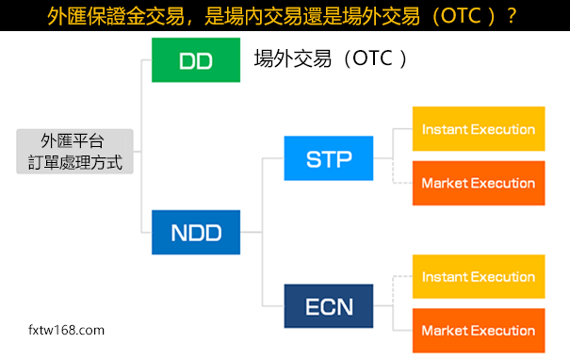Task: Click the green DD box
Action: pos(195,60)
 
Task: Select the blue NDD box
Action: pos(195,232)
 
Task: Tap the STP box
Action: pos(328,158)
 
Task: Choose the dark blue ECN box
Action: pos(328,306)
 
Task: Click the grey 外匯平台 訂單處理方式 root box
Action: pos(74,151)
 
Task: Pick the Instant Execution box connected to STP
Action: pos(479,129)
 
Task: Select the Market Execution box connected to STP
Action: pos(479,183)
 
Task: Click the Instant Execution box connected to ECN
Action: pos(479,277)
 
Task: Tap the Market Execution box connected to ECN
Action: pos(479,331)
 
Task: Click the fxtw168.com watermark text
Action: pos(67,331)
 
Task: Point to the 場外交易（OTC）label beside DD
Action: pos(331,59)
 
